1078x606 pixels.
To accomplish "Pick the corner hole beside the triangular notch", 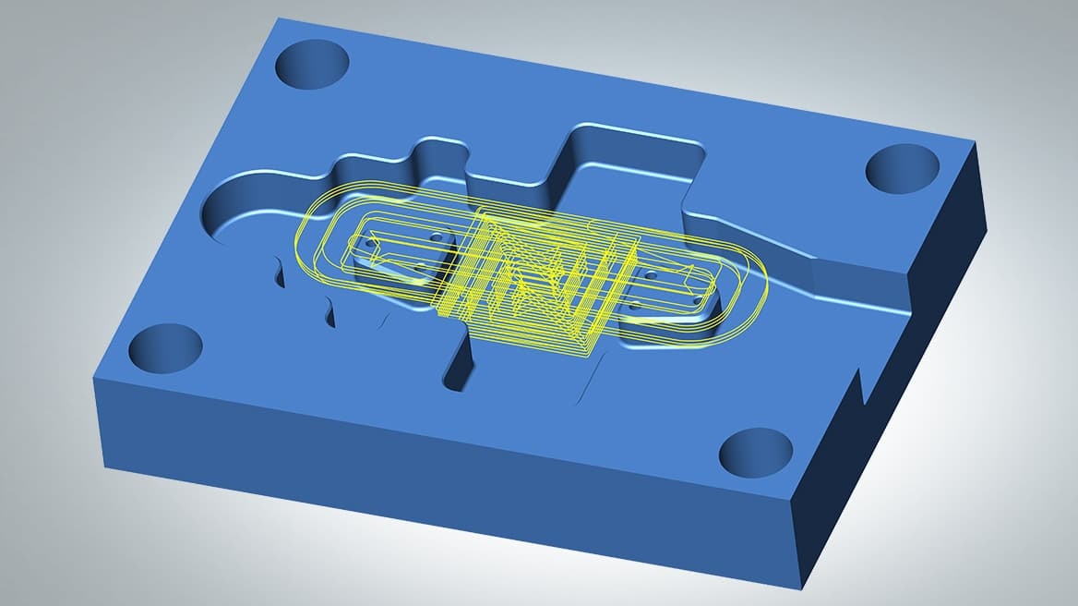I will [755, 454].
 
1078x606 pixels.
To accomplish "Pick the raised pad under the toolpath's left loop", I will [397, 254].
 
